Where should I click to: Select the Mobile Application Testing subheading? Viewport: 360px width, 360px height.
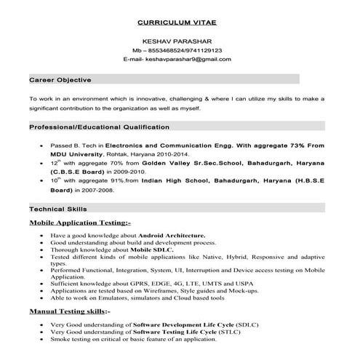(80, 222)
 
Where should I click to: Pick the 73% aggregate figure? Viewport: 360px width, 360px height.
(298, 145)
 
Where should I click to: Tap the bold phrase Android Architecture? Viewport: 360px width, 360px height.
(169, 236)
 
